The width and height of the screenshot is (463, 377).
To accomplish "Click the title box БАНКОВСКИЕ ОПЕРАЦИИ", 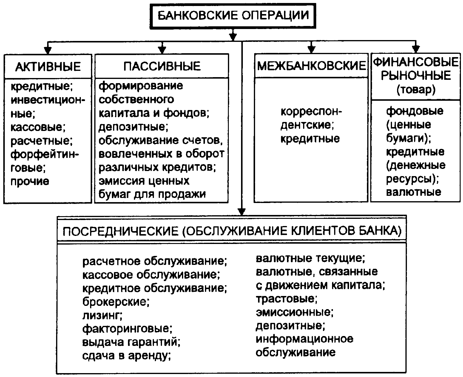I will click(x=233, y=15).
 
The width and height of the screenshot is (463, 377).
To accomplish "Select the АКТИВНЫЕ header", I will click(x=48, y=66).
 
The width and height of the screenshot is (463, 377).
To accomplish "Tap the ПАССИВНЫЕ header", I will click(x=162, y=66).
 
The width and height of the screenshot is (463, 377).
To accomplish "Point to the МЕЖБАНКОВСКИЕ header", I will click(x=311, y=66).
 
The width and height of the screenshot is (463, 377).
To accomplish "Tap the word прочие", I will click(x=30, y=181).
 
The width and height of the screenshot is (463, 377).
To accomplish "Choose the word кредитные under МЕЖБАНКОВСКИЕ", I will click(x=310, y=139).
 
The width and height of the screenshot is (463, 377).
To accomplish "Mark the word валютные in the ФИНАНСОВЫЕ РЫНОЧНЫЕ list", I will click(x=413, y=192).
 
